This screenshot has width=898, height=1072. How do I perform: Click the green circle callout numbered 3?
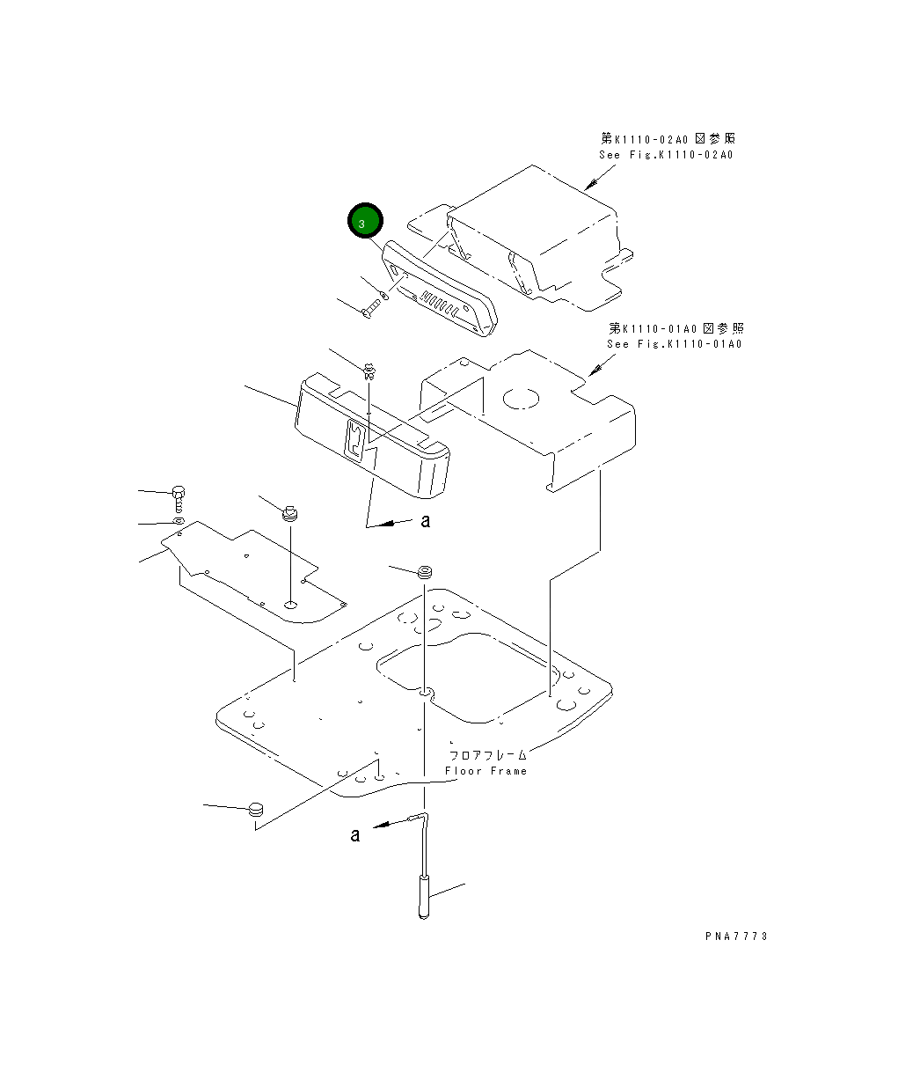(x=365, y=223)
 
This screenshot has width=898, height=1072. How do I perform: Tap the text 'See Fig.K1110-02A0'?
(x=666, y=155)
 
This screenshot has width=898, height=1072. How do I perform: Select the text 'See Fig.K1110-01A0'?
(x=674, y=344)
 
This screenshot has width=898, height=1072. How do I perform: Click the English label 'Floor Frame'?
(x=486, y=771)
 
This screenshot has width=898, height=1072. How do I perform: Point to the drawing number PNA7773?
(x=735, y=936)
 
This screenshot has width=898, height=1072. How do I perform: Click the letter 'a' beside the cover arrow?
(x=426, y=521)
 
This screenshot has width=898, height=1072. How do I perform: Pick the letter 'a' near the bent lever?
(x=355, y=834)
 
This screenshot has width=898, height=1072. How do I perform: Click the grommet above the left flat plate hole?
(x=290, y=512)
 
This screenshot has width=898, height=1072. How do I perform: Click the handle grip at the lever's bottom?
(x=423, y=896)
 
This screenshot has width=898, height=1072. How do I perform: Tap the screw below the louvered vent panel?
(x=371, y=307)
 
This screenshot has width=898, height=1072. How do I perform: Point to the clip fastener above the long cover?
(x=370, y=369)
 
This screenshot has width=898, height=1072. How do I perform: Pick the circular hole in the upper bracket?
(x=520, y=398)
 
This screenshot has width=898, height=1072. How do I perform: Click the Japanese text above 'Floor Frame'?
(x=487, y=755)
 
